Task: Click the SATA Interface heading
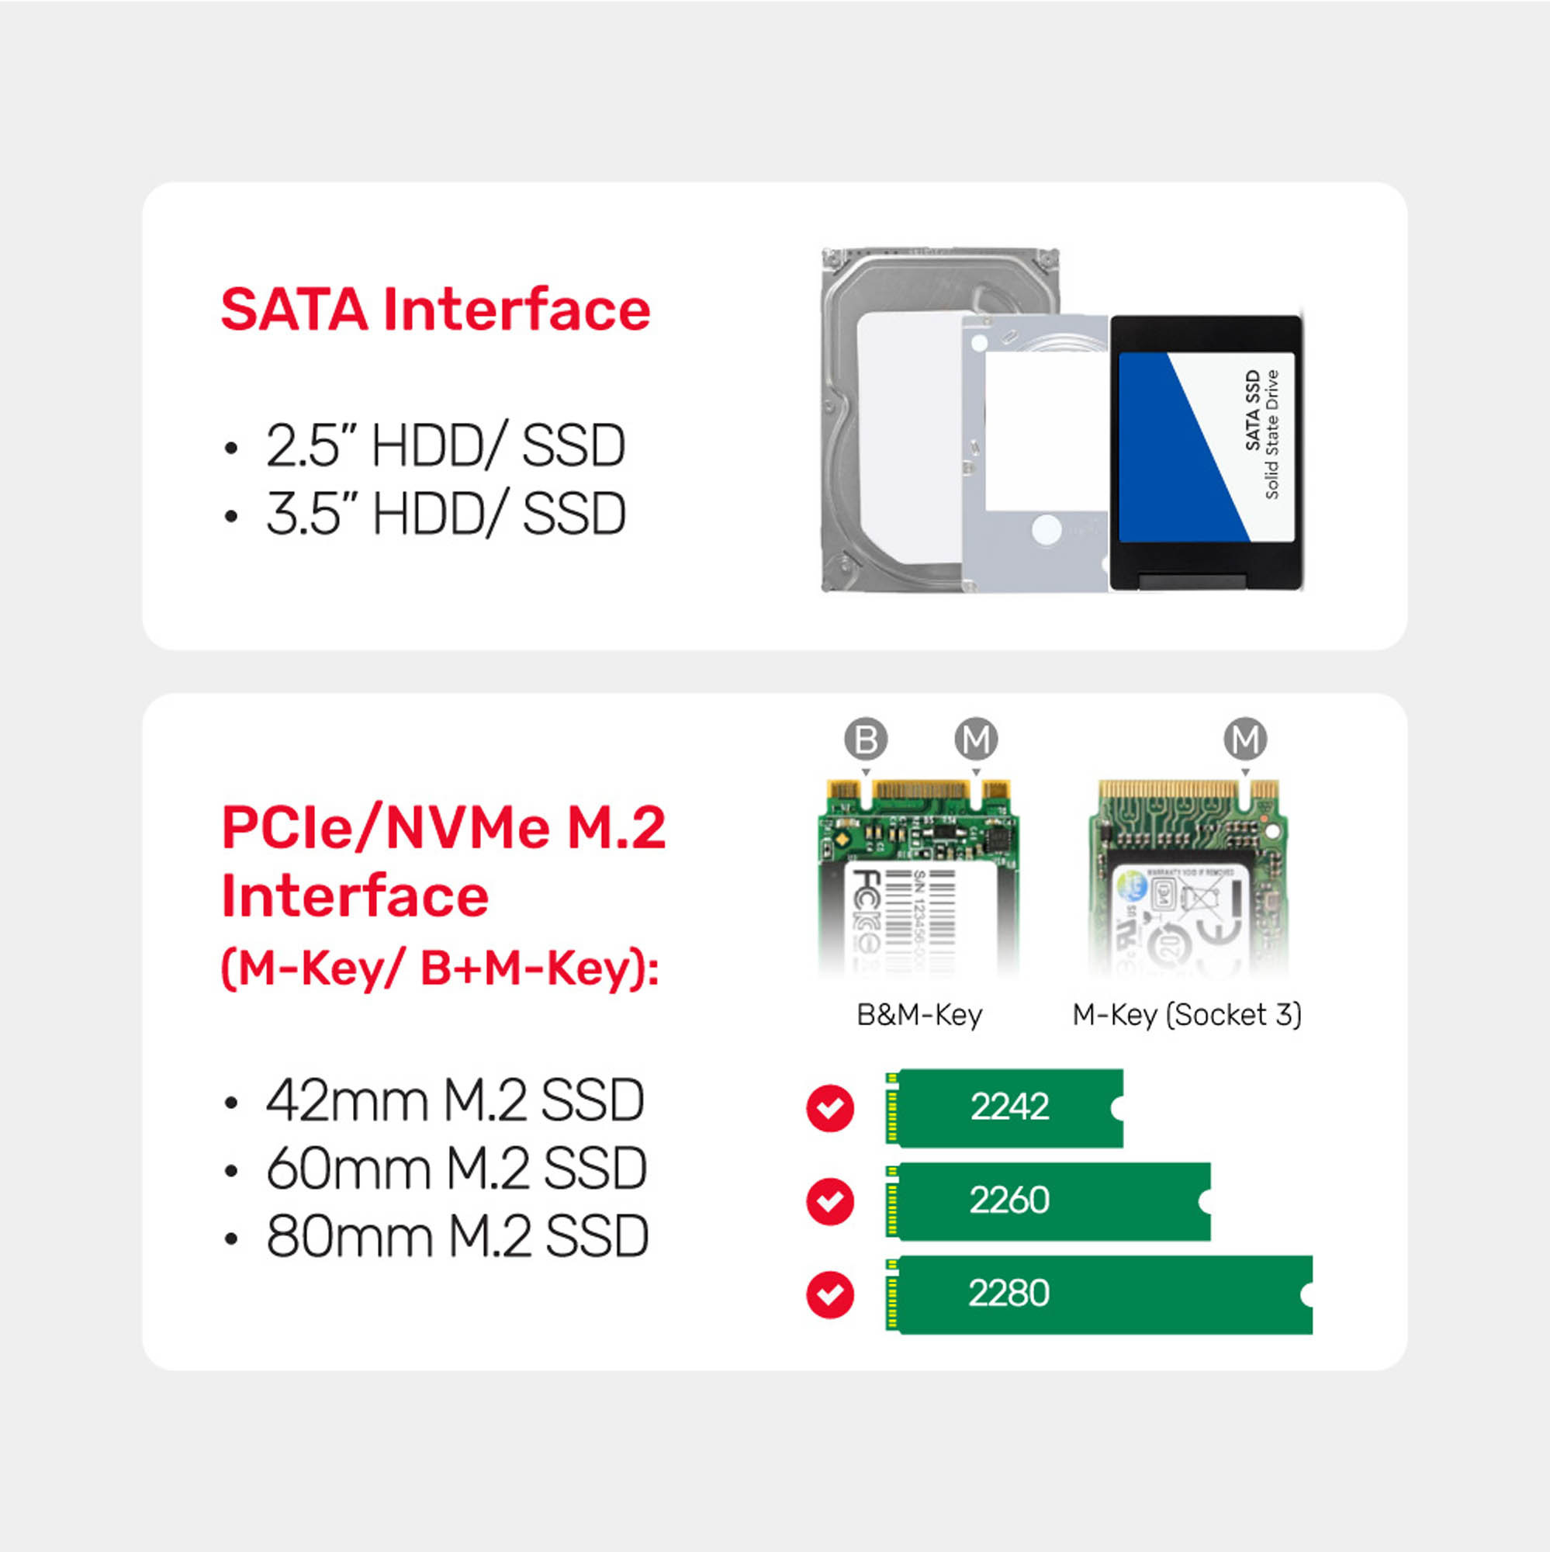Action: coord(435,310)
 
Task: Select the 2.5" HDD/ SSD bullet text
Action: coord(445,446)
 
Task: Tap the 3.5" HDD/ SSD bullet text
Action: coord(446,514)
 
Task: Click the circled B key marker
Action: coord(866,739)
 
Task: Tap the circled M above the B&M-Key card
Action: coord(976,739)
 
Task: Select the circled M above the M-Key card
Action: coord(1245,739)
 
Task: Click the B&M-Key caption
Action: coord(919,1015)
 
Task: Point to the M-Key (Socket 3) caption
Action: coord(1187,1015)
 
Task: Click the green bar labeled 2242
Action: coord(1008,1108)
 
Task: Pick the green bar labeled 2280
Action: coord(1100,1294)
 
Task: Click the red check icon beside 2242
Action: coord(829,1109)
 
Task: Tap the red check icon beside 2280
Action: coord(829,1295)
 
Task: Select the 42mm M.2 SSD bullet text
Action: coord(455,1100)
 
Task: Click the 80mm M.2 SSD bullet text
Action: coord(457,1236)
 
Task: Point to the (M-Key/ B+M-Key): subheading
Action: coord(440,968)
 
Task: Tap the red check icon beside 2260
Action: coord(829,1202)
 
